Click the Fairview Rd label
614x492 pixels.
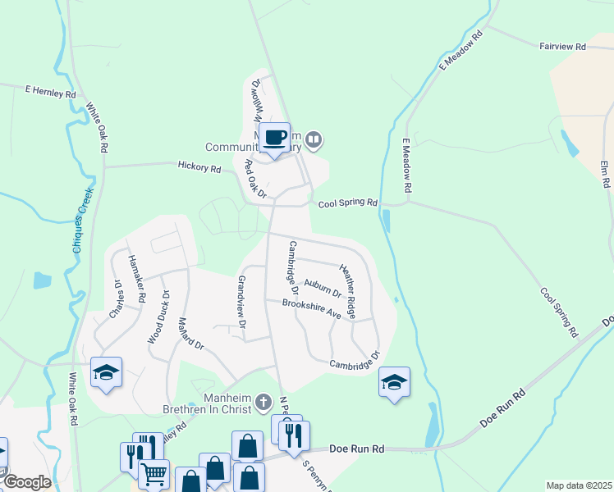[562, 48]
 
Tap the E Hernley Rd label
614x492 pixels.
[50, 93]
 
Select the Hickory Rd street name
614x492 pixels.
[199, 168]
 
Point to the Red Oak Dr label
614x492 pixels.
[255, 179]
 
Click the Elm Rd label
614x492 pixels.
[606, 175]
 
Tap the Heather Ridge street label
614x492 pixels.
[348, 291]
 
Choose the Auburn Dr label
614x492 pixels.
[323, 288]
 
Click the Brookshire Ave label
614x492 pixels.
[311, 308]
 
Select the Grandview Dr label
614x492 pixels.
[242, 302]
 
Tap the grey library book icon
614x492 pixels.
[313, 141]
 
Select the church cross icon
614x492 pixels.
[263, 402]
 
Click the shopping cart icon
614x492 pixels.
[153, 475]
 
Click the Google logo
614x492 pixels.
[26, 482]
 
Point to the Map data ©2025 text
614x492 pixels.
[579, 485]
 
